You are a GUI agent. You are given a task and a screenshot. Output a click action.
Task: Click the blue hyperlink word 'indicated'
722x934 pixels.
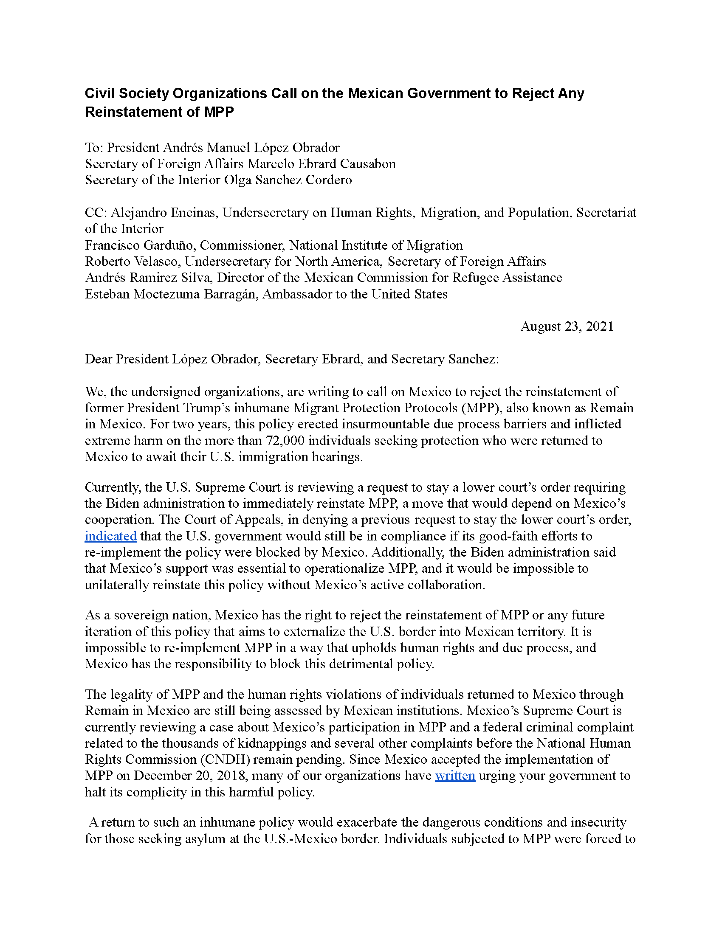pyautogui.click(x=110, y=536)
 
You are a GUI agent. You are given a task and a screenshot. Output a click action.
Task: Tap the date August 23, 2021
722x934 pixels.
pyautogui.click(x=567, y=326)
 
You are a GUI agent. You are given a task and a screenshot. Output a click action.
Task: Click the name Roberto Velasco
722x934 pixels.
pyautogui.click(x=133, y=261)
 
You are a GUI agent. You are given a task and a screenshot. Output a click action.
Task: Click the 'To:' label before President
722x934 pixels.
pyautogui.click(x=94, y=148)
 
